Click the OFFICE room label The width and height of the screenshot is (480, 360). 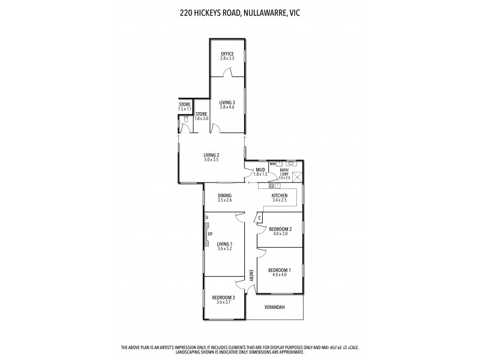227,54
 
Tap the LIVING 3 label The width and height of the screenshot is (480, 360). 227,103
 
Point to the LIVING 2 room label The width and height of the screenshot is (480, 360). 211,155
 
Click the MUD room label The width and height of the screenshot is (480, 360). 260,170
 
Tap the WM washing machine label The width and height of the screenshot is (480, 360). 272,163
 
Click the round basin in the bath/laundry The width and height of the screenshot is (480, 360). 291,163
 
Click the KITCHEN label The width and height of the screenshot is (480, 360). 280,196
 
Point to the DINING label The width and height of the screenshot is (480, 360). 225,196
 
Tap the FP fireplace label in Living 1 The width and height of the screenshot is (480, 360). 210,234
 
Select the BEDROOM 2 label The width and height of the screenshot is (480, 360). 280,229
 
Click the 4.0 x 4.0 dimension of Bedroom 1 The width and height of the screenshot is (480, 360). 280,275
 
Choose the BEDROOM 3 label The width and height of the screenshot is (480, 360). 223,298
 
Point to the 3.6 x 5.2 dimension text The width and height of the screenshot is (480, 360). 225,248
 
